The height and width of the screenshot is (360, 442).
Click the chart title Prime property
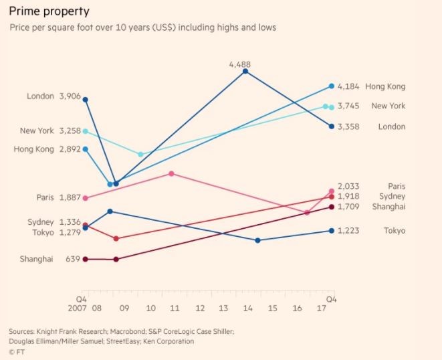pos(49,12)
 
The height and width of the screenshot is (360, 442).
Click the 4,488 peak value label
pos(239,64)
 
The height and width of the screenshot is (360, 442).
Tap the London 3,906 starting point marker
pos(85,100)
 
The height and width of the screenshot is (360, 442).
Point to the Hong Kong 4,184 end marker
pos(332,86)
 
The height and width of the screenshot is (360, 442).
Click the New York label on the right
pos(388,106)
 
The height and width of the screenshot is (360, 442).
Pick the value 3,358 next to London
pos(349,126)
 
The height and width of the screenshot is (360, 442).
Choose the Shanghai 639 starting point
pos(85,259)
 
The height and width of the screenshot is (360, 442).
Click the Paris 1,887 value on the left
pos(70,198)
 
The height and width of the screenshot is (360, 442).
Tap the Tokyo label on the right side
pos(394,231)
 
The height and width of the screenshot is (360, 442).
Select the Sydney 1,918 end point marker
pos(332,197)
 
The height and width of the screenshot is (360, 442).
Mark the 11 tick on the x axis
pos(175,308)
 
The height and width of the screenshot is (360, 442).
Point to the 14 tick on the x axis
pos(248,308)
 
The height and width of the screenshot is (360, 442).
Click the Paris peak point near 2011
pos(172,173)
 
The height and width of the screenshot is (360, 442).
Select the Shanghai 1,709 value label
pos(349,207)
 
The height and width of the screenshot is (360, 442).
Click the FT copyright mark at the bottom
pos(17,351)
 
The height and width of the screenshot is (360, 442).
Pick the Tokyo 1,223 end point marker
pos(332,231)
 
